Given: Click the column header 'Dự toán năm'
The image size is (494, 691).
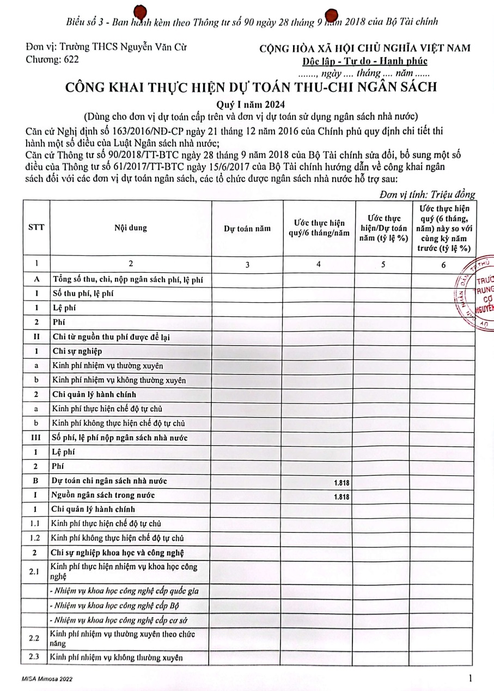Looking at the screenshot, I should pos(247,229).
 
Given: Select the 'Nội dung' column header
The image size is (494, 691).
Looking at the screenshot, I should pos(130,229).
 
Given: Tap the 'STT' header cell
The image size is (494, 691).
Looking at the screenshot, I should pos(36,229).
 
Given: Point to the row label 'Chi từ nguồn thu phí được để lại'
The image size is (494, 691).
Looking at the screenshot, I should pos(111,337).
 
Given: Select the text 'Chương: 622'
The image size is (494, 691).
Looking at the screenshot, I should pos(52,59).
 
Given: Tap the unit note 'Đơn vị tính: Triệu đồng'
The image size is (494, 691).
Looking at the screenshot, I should pos(427,194).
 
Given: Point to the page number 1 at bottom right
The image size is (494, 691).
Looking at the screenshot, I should pos(469,678).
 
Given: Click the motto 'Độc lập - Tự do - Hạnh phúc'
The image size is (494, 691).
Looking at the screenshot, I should pos(365,61).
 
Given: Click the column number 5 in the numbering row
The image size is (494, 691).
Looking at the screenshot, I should pos(383,265).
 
